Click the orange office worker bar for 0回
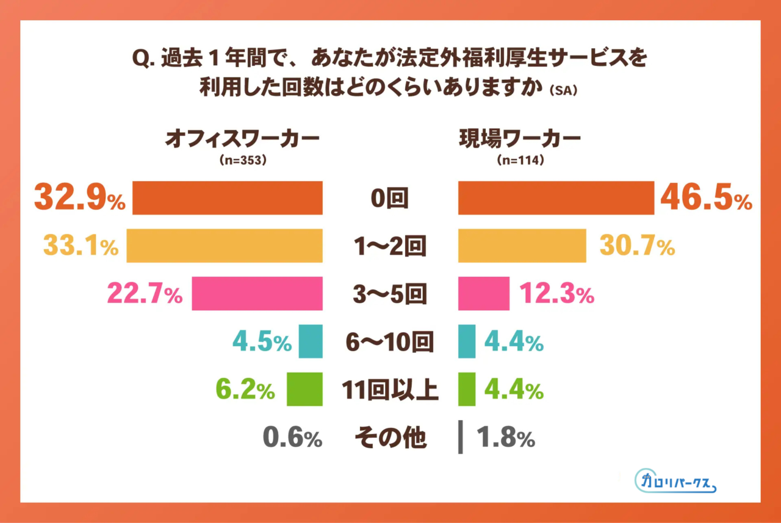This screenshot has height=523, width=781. (227, 198)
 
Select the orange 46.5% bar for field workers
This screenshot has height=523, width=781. (556, 198)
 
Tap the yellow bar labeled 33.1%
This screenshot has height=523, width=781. (224, 246)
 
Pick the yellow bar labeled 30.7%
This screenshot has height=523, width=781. (522, 246)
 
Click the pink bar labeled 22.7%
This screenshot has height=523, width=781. (257, 294)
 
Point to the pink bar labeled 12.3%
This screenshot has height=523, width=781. (483, 294)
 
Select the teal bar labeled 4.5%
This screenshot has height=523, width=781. (310, 342)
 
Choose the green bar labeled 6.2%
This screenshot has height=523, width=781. (304, 390)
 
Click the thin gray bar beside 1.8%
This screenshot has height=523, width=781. (461, 438)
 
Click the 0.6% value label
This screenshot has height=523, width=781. (292, 438)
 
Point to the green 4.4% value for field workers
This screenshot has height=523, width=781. (513, 390)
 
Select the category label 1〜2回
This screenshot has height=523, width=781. (390, 246)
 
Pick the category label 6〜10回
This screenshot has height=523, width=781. (390, 343)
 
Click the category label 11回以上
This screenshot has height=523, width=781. (390, 390)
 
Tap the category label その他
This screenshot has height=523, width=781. (390, 438)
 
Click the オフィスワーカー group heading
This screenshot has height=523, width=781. (242, 139)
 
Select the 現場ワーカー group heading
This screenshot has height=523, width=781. (520, 139)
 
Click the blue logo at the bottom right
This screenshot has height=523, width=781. (675, 481)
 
